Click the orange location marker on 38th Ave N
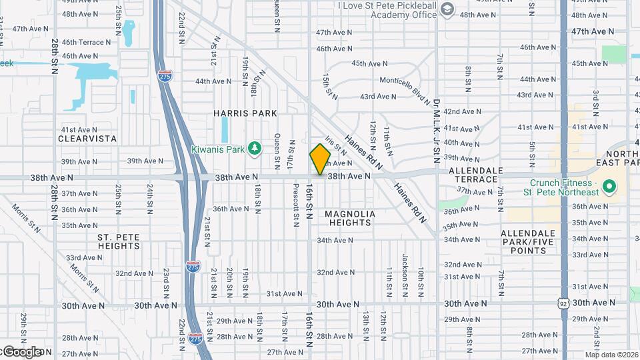321,159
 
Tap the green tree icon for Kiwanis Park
253,149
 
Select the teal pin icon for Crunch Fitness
609,187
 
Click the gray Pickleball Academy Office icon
447,9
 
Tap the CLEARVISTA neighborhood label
87,139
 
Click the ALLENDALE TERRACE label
475,175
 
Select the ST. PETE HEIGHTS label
118,241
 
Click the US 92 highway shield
563,304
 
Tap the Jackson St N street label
405,271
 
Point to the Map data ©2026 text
611,355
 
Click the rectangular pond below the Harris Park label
224,131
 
